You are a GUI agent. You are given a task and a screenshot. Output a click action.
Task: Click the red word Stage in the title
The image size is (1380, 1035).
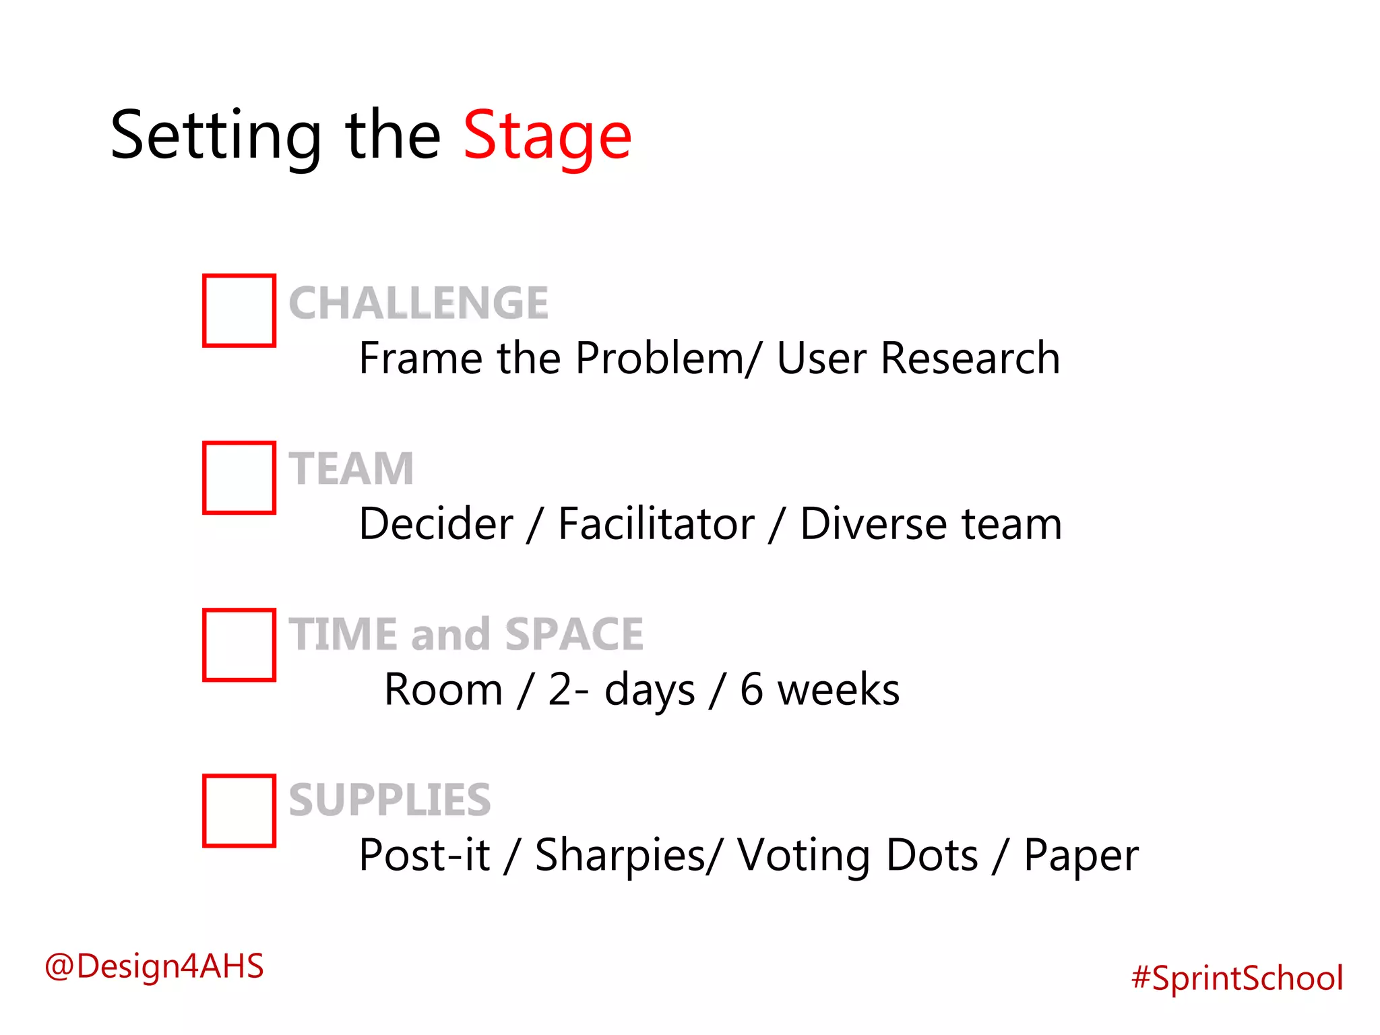click(x=547, y=137)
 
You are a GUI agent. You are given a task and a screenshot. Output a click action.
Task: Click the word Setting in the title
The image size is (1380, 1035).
click(x=216, y=137)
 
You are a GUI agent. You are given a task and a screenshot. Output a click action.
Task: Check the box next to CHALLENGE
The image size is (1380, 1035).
click(x=239, y=311)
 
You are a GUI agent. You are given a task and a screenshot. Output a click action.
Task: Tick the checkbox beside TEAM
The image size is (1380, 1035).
click(x=239, y=478)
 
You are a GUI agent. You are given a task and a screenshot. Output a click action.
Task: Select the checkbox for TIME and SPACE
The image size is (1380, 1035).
click(x=239, y=645)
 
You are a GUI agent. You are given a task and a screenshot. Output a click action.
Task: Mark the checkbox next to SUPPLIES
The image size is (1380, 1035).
click(x=239, y=811)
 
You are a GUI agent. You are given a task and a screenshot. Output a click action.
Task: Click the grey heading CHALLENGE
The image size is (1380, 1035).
click(x=418, y=303)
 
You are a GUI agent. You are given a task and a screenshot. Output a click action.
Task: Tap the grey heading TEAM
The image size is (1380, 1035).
click(x=351, y=469)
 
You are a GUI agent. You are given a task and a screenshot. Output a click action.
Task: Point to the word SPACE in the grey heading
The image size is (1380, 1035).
click(x=574, y=635)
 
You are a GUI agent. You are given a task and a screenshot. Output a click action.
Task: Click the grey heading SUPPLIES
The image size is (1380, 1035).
click(x=389, y=801)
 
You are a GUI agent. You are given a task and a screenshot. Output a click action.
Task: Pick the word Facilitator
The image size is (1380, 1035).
click(x=656, y=524)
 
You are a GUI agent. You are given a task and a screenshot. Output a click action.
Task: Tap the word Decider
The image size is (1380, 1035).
click(x=436, y=524)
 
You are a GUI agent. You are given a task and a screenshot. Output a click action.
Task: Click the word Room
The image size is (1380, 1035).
click(x=443, y=690)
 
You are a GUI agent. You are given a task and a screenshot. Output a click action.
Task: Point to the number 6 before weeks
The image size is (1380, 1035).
click(x=751, y=690)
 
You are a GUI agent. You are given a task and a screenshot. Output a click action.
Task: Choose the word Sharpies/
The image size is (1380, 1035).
click(x=629, y=856)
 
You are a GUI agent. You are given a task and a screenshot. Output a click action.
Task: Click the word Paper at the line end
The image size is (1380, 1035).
click(x=1081, y=856)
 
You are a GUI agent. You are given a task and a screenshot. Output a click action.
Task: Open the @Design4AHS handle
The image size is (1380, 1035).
click(x=154, y=966)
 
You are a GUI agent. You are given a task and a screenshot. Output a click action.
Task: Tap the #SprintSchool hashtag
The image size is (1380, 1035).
click(x=1237, y=978)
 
